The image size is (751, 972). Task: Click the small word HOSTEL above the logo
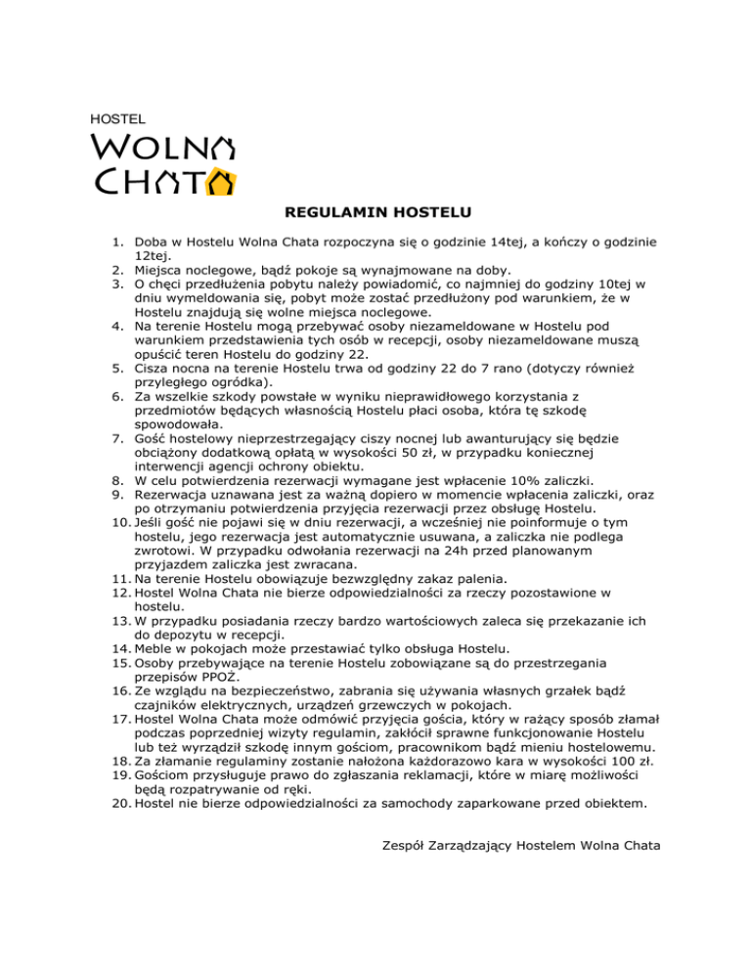tap(110, 117)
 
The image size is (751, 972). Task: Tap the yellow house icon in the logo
tap(223, 182)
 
